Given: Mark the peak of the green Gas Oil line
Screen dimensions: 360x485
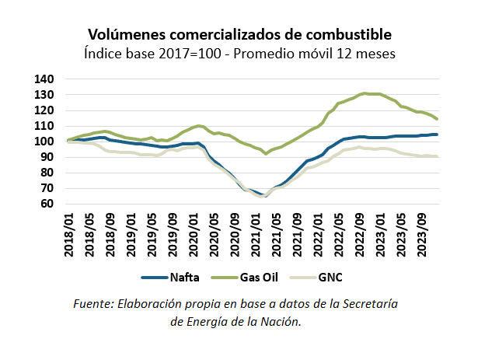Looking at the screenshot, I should click(x=365, y=93).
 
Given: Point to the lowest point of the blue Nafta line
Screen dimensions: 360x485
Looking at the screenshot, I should click(x=264, y=196).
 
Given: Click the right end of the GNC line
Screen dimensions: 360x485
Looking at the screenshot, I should click(x=438, y=156).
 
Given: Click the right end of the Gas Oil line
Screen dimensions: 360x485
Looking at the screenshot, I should click(x=438, y=119).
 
